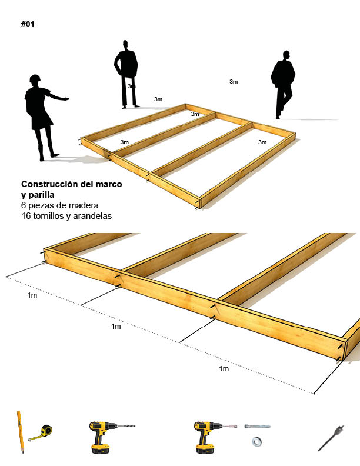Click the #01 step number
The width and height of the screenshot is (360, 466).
[x=28, y=24]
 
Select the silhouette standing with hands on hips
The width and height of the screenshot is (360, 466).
[x=126, y=74]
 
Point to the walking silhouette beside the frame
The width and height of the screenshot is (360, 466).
[x=282, y=85]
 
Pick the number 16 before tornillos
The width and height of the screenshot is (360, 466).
[x=26, y=216]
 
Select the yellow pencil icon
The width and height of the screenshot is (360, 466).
[x=20, y=432]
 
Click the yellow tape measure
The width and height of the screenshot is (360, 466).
[x=42, y=432]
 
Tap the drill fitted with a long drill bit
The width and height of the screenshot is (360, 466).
[x=107, y=436]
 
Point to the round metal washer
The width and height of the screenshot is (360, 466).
[x=256, y=441]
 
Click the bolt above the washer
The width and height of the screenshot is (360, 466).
[x=257, y=426]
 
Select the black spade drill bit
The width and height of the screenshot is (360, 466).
[x=331, y=438]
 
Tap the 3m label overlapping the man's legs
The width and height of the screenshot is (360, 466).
[x=131, y=86]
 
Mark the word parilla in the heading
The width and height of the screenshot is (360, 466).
[x=41, y=195]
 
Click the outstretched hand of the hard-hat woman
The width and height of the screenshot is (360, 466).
[x=65, y=98]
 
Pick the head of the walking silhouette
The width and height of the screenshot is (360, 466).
[x=286, y=55]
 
